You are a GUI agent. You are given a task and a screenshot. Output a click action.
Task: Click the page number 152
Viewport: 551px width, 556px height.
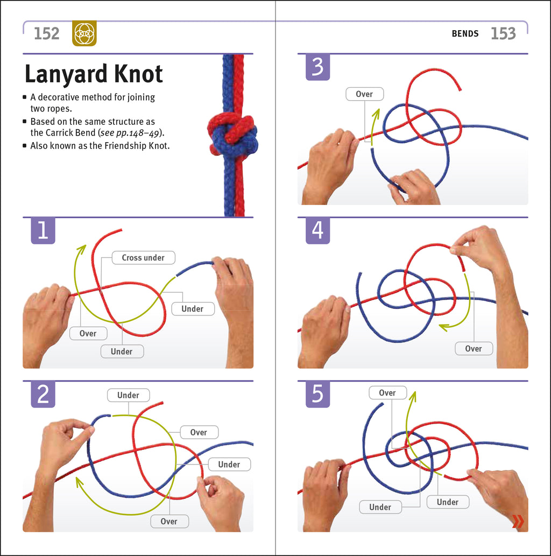click(46, 34)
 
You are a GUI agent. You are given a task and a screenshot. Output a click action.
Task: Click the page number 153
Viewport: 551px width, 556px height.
click(503, 34)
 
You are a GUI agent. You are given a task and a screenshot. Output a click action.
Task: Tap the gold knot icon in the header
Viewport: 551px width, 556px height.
click(84, 33)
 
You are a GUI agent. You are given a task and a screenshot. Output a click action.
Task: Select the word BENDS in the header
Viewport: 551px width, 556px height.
click(465, 34)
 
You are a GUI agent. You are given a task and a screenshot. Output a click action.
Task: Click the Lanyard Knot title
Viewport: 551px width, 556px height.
click(94, 74)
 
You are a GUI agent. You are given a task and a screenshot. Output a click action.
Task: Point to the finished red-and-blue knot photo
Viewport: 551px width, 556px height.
click(233, 135)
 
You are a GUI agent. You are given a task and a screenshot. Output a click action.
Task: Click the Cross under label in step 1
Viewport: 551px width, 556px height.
click(143, 258)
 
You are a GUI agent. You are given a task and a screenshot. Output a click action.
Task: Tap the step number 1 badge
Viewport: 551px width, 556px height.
click(43, 230)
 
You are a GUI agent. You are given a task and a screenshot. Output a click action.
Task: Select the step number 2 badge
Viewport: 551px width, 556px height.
click(43, 395)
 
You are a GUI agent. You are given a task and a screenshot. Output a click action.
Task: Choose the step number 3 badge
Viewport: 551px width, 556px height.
click(317, 67)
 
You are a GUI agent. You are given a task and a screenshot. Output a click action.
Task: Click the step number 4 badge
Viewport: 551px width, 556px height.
click(317, 230)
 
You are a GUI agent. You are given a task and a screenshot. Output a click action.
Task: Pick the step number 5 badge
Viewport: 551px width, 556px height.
click(317, 395)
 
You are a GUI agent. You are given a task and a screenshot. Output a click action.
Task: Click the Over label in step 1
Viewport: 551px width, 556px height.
click(88, 333)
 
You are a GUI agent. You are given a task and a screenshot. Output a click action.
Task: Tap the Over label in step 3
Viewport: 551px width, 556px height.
click(364, 94)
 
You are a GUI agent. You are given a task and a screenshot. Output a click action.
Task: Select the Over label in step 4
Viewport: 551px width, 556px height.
click(474, 349)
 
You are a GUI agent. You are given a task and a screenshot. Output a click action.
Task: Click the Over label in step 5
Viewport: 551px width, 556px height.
click(387, 393)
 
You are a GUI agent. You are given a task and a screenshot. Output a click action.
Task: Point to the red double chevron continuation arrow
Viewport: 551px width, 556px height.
click(518, 522)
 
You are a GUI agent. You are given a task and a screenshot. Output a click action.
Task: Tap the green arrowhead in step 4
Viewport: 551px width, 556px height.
click(444, 327)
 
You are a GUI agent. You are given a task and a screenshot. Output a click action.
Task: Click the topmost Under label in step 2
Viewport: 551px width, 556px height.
click(129, 395)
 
